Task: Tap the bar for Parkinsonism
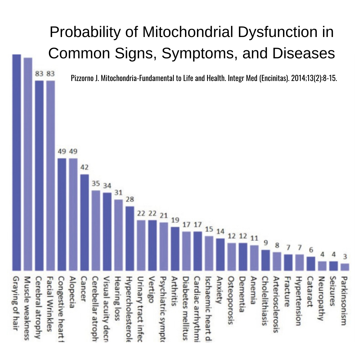[345, 267]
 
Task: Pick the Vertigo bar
[152, 245]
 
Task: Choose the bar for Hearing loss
[118, 235]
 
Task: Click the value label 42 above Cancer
[85, 167]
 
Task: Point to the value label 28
[130, 199]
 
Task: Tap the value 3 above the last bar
[345, 257]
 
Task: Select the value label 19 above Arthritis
[175, 220]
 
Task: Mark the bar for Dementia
[243, 257]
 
